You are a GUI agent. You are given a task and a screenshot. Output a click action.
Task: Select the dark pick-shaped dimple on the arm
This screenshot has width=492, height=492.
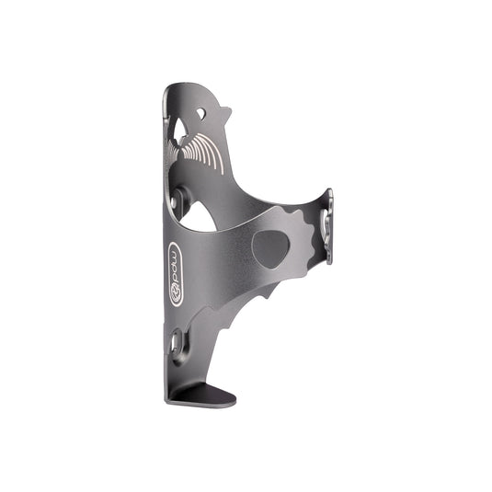[269, 248]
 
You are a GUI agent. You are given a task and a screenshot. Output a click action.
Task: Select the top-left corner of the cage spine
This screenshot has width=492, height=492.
[167, 89]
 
